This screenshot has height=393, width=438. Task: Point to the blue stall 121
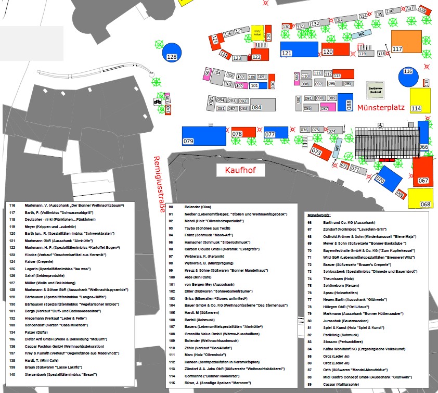pyautogui.click(x=299, y=49)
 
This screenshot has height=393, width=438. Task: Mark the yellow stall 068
pyautogui.click(x=420, y=198)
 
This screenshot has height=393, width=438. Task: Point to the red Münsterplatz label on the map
pyautogui.click(x=381, y=107)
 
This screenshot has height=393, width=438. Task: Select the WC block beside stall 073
pyautogui.click(x=337, y=150)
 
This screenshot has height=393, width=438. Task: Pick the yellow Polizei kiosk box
pyautogui.click(x=257, y=33)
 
